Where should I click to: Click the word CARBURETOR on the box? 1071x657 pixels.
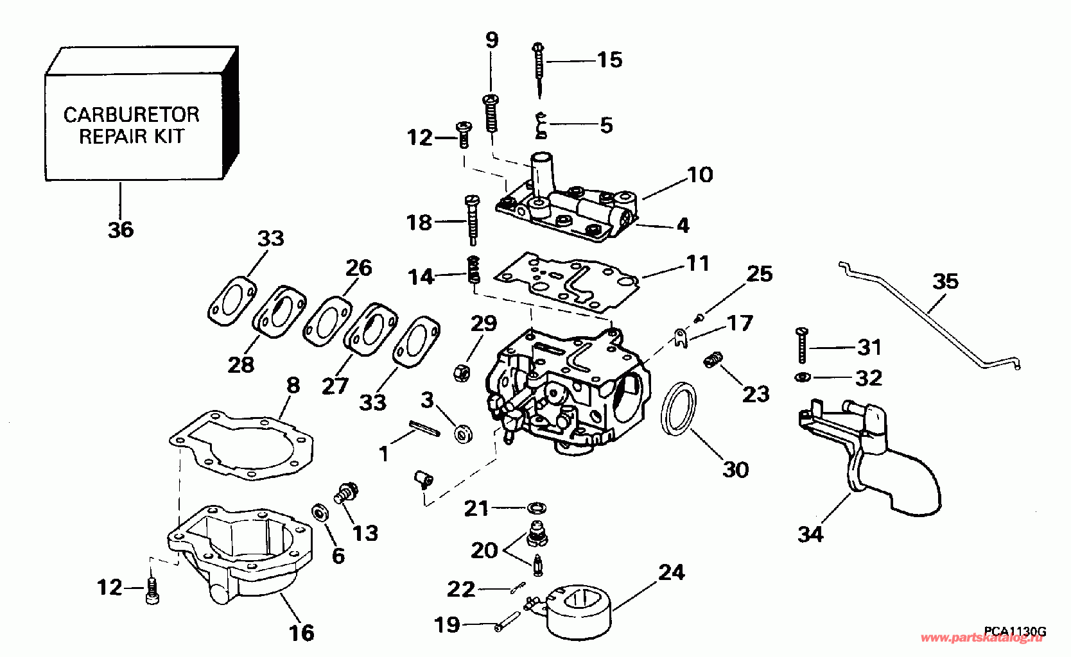pos(132,115)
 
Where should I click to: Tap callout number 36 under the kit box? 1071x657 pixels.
pos(121,230)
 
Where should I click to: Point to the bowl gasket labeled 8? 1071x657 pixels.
pos(241,445)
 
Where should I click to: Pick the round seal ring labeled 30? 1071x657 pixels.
pos(679,409)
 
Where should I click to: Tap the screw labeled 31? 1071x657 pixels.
pos(802,345)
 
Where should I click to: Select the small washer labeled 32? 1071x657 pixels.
pos(803,377)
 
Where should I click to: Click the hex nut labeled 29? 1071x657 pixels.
pos(462,372)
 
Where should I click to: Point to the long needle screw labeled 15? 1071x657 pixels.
pos(539,70)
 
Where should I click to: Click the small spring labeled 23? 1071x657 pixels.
pos(713,359)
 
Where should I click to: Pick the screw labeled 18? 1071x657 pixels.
pos(471,218)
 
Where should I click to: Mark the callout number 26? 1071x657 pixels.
pos(358,268)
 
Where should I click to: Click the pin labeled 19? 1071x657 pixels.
pos(507,621)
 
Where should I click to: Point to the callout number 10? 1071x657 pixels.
pos(700,175)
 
